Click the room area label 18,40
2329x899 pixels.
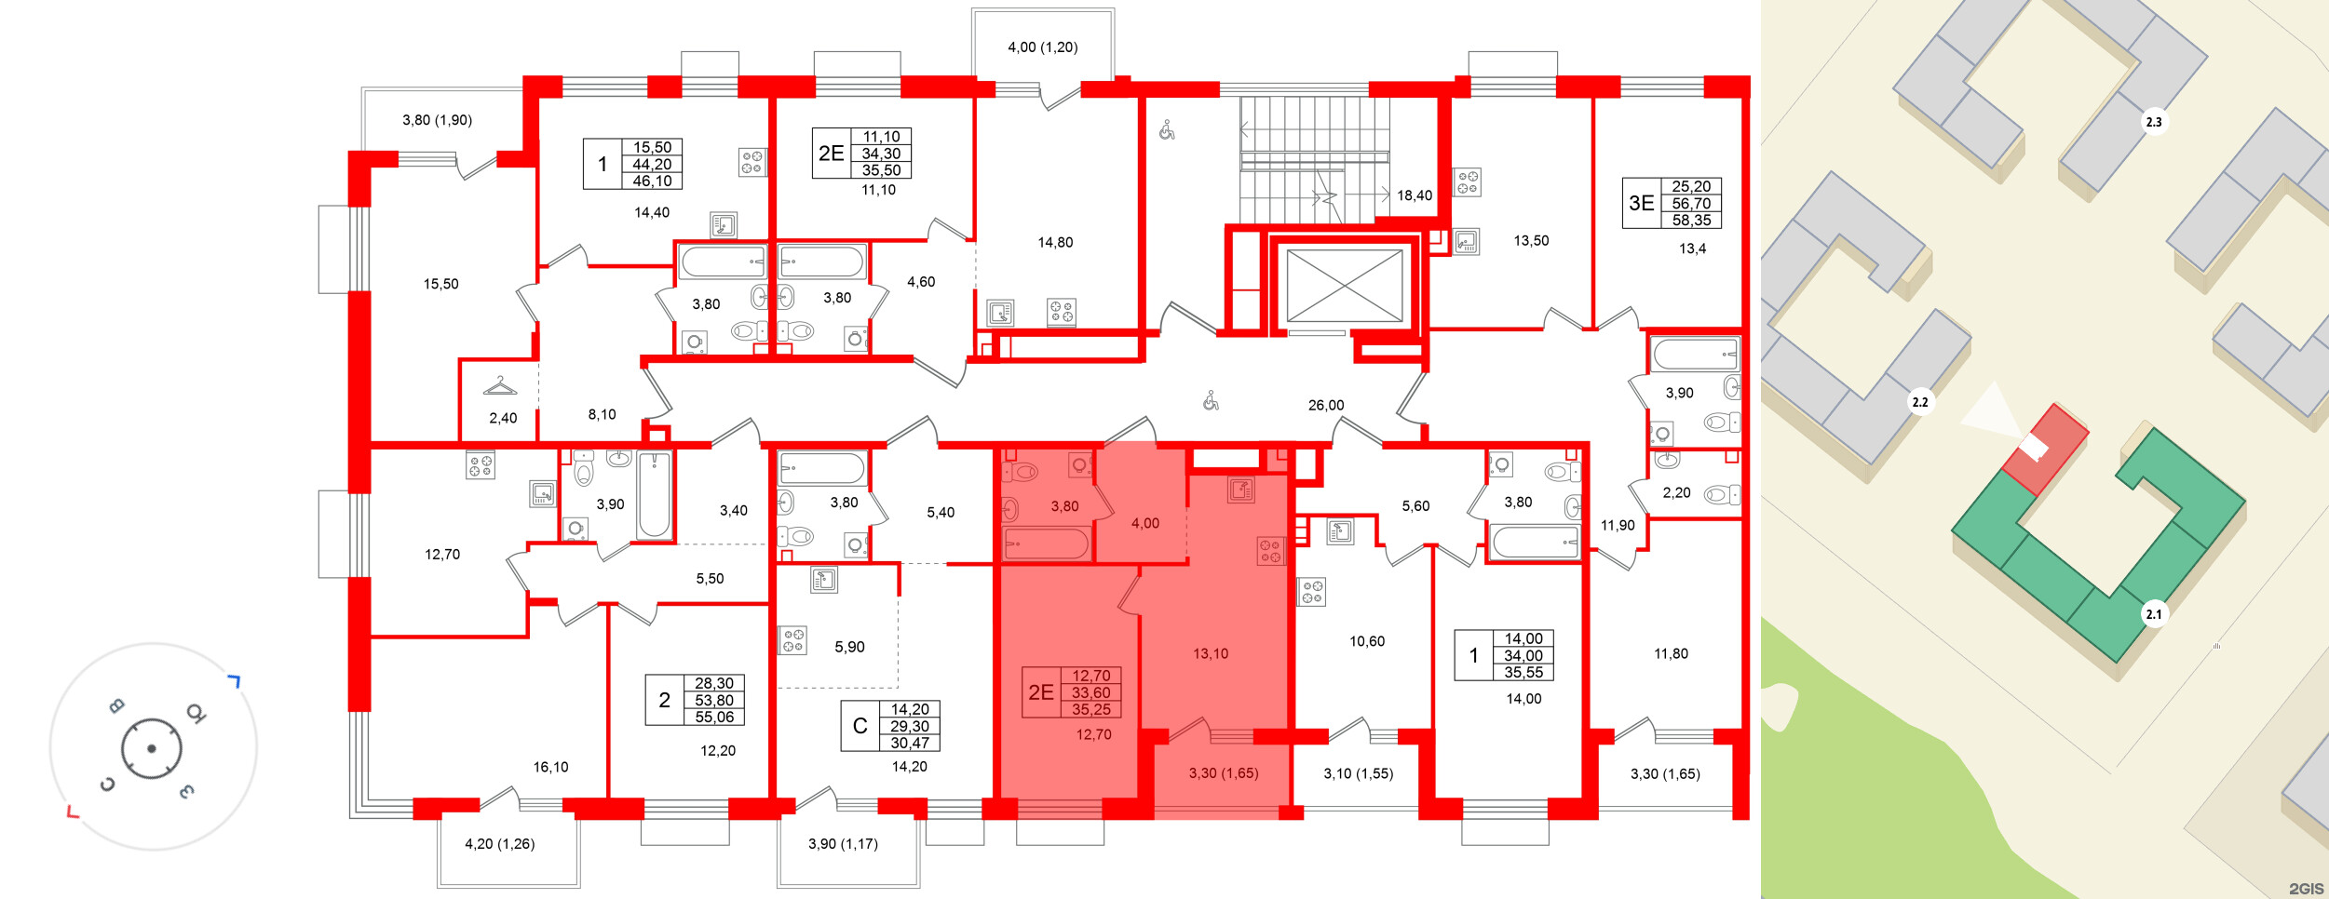[1414, 195]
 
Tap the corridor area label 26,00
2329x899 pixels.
[1325, 406]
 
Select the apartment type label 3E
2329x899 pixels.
[1641, 203]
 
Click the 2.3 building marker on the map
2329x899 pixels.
[2153, 122]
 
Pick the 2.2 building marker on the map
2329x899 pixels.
[1919, 402]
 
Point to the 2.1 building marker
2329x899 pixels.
[2153, 614]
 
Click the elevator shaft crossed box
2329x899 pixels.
[1344, 286]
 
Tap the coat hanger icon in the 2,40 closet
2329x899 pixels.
[500, 386]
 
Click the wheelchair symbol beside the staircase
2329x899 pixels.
[1167, 130]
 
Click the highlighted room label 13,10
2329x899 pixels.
[1210, 654]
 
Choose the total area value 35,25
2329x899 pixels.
[1090, 709]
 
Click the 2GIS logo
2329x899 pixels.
[2306, 889]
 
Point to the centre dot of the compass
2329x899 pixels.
[151, 748]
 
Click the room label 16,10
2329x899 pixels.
[550, 768]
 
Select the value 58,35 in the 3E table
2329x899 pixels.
[1690, 221]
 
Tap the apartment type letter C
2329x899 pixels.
[860, 726]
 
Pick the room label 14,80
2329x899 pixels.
[1055, 243]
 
